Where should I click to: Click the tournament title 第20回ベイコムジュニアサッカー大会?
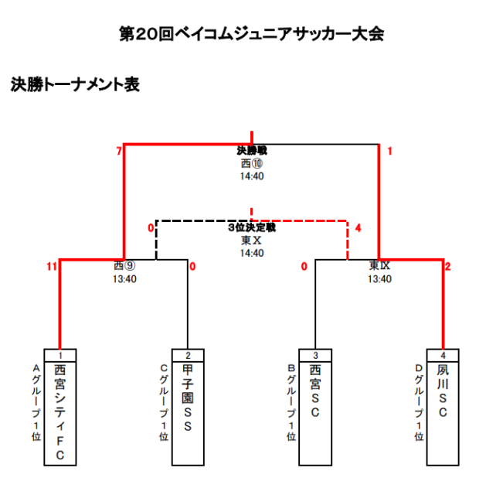tap(251, 34)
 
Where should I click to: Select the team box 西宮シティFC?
tap(59, 414)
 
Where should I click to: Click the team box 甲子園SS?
tap(187, 414)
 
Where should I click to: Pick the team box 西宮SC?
tap(314, 414)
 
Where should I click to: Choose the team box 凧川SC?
tap(443, 414)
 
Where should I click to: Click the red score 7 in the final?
tap(119, 152)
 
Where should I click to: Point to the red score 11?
tap(51, 267)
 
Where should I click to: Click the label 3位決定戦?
tap(252, 228)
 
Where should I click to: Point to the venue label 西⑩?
tap(252, 164)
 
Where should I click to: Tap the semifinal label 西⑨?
tap(124, 266)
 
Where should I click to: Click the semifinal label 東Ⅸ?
tap(379, 266)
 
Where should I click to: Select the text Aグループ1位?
tap(35, 402)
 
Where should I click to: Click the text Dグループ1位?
tap(419, 402)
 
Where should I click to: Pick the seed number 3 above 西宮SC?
tap(314, 355)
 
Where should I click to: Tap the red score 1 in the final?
tap(389, 152)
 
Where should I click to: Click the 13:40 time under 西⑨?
tap(124, 279)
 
